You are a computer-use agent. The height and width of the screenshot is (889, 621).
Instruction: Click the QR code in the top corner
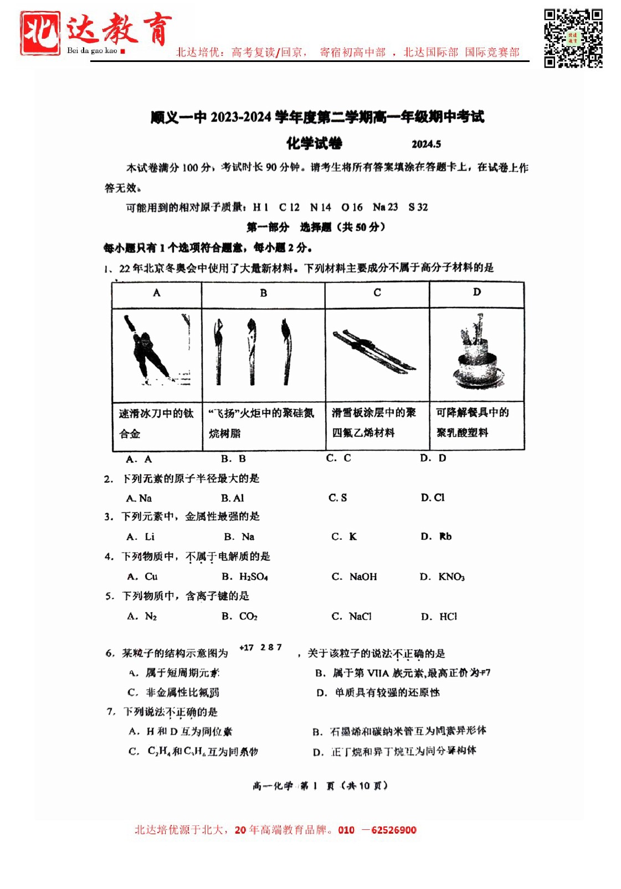coord(573,38)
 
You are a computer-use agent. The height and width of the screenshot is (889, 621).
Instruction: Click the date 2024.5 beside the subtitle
coord(426,144)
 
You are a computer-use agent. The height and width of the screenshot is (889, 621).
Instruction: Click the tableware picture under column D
coord(477,354)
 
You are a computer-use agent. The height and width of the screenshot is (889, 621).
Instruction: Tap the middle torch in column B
coord(252,351)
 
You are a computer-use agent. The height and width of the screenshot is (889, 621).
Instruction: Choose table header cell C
coord(377,292)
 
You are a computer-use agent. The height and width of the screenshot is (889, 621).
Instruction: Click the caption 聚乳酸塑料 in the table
coord(462,433)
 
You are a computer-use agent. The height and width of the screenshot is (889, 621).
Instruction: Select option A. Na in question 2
coord(138,498)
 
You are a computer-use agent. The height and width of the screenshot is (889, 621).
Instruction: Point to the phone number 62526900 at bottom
coord(393,830)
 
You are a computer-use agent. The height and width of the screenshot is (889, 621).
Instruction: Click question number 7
coord(111,712)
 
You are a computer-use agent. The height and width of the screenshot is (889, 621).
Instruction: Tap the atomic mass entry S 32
coord(418,207)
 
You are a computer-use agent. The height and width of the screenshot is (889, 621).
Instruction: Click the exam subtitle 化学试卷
coord(314,143)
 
